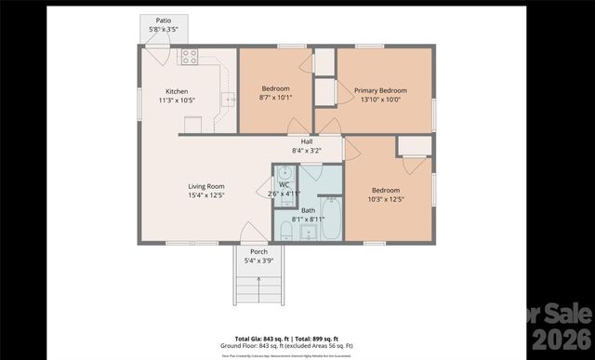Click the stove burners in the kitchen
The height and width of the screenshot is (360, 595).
tap(189, 56)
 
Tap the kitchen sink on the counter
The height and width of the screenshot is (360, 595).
tap(226, 98)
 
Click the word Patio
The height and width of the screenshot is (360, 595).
tap(163, 20)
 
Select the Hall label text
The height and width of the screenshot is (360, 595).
tap(306, 141)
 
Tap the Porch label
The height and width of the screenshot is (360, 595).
tap(258, 251)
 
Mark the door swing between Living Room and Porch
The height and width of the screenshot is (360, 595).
tap(252, 233)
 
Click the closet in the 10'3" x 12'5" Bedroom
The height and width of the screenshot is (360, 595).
tap(414, 145)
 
